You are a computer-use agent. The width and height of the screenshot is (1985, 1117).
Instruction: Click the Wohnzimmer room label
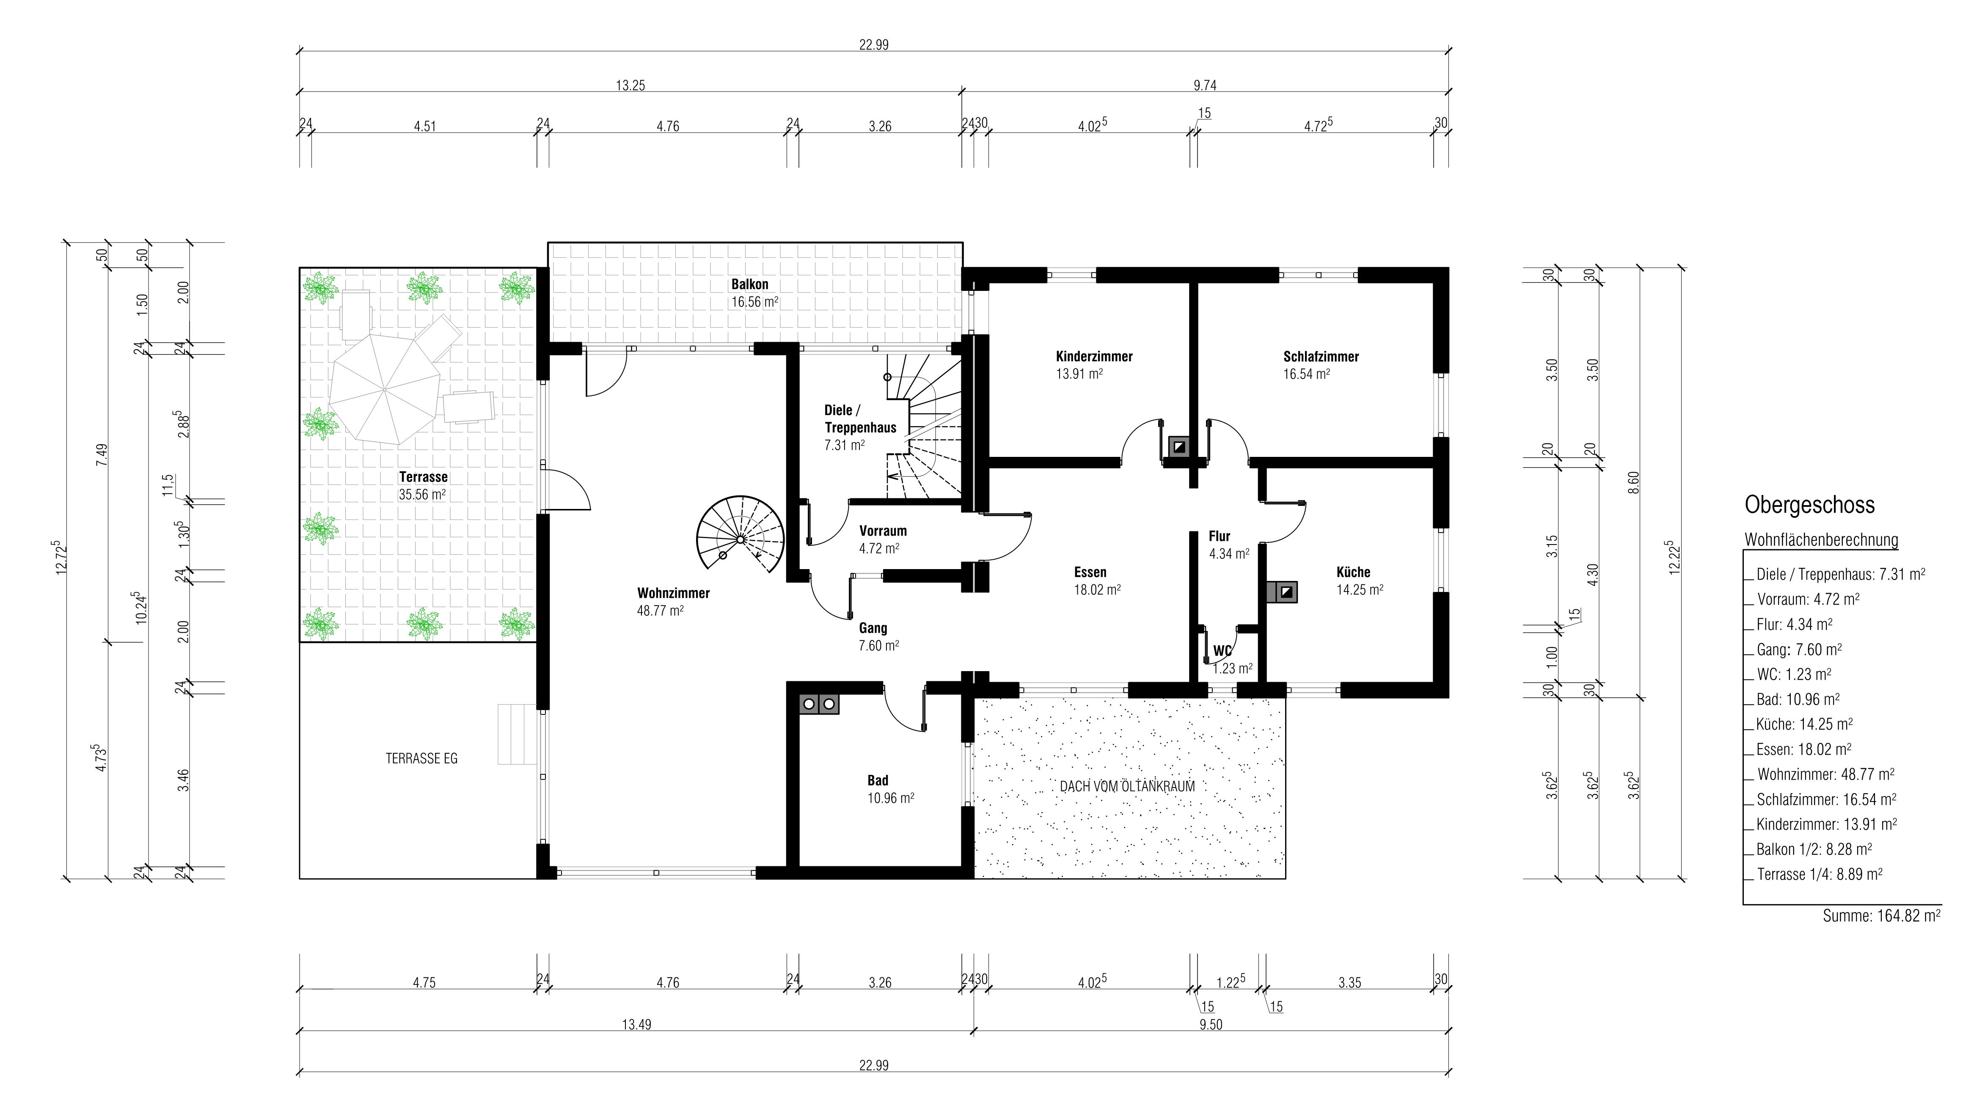tap(673, 593)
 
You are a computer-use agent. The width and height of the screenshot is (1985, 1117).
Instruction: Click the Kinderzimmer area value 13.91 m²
tap(1079, 374)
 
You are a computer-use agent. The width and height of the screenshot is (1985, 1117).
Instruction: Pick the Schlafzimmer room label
tap(1321, 356)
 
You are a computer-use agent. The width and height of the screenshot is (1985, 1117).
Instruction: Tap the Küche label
tap(1353, 572)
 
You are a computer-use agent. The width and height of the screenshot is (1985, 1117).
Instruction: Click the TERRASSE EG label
tap(421, 758)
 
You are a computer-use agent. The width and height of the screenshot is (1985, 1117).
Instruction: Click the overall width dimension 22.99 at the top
tap(874, 45)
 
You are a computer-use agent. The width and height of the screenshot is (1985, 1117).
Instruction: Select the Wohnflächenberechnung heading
tap(1821, 539)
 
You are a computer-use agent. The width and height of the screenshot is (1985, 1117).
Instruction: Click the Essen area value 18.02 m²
tap(1097, 590)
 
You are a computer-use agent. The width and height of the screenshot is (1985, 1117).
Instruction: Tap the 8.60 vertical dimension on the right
tap(1634, 483)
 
